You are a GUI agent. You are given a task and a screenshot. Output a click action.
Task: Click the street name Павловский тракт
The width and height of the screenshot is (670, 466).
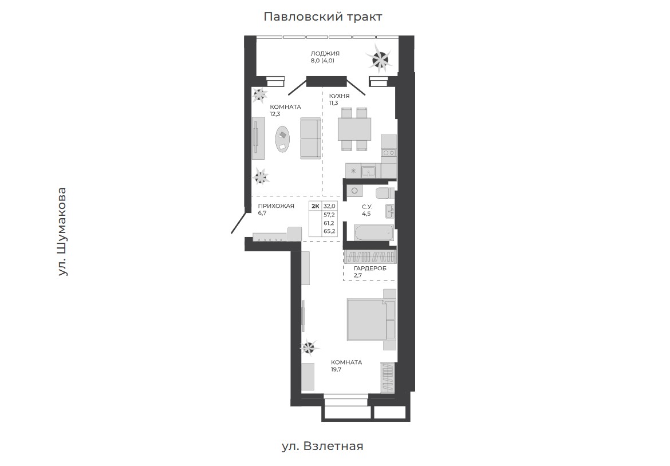(322, 17)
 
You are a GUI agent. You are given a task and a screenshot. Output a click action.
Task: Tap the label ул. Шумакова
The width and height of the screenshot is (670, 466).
(62, 231)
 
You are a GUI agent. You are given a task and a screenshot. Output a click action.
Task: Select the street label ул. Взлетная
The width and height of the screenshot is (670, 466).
(322, 447)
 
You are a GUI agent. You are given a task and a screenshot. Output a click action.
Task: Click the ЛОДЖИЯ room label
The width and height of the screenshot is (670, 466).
(325, 53)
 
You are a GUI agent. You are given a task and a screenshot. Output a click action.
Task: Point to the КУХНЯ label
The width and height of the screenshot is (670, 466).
(339, 96)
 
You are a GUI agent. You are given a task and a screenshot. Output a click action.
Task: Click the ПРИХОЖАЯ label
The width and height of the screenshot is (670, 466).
(276, 206)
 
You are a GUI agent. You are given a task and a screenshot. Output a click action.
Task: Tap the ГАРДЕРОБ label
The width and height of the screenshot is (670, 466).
(370, 268)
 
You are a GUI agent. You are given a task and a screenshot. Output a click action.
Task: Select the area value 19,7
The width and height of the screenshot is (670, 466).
(336, 369)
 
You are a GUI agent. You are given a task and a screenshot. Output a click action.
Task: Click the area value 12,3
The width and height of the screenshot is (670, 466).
(275, 114)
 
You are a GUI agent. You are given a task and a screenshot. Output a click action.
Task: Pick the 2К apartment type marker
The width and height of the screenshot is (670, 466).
(316, 206)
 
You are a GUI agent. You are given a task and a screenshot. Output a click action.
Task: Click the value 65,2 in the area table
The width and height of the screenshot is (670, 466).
(329, 231)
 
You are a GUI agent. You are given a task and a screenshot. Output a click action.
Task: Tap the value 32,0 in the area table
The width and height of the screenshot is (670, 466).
(329, 206)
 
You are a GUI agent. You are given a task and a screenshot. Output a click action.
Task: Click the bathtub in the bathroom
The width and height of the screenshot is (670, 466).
(374, 233)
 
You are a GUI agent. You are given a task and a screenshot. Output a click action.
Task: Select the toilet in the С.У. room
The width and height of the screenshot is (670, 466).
(385, 192)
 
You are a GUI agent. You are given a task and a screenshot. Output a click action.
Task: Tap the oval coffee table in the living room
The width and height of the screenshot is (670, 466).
(282, 139)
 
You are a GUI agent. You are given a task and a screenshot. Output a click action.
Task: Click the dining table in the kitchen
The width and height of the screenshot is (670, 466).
(354, 129)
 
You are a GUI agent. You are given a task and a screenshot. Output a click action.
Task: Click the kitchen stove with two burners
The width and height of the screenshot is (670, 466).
(389, 152)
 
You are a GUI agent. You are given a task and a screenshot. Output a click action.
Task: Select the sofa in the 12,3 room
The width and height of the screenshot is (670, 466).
(310, 139)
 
